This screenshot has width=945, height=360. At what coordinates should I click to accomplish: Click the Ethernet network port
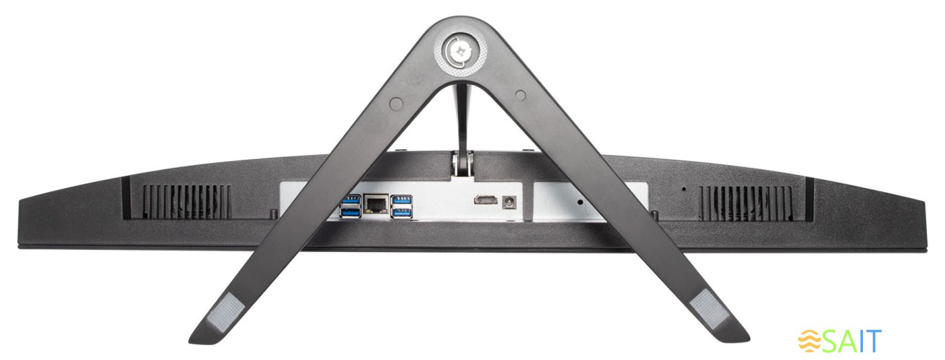click(376, 205)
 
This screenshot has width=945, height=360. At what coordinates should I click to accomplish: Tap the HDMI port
click(485, 200)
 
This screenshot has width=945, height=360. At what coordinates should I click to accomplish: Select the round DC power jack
click(510, 203)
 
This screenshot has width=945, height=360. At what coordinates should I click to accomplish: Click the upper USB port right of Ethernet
click(401, 199)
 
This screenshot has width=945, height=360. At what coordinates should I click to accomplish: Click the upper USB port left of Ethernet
click(351, 199)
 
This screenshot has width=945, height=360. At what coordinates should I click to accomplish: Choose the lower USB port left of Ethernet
click(351, 213)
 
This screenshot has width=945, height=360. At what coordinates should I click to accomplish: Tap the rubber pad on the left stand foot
click(228, 312)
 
